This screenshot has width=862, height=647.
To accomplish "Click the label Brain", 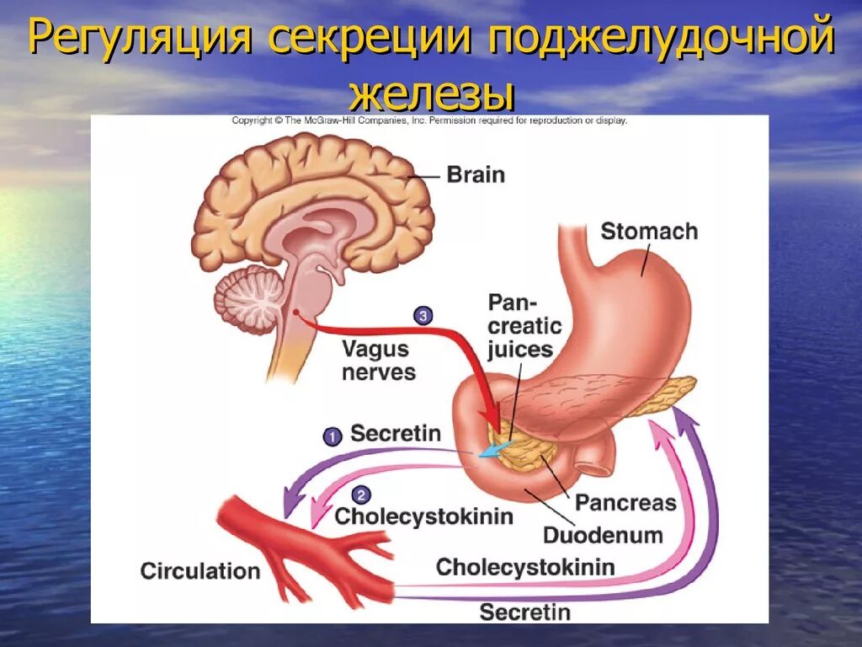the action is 476,175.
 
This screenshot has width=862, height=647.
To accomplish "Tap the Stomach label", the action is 649,231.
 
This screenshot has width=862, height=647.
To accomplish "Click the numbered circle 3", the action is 423,316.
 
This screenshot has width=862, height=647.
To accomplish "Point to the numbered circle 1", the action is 333,436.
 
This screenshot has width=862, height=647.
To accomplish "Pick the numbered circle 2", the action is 359,495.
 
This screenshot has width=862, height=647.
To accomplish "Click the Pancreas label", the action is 625,503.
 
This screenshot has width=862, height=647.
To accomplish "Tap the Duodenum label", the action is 603,535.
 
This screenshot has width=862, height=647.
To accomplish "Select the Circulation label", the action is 200,571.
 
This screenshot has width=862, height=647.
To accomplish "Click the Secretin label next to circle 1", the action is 396,434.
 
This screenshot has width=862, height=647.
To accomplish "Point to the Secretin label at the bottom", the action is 524,612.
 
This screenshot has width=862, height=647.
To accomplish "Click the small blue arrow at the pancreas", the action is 489,452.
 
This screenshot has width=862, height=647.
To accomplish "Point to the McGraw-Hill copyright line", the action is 429,120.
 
